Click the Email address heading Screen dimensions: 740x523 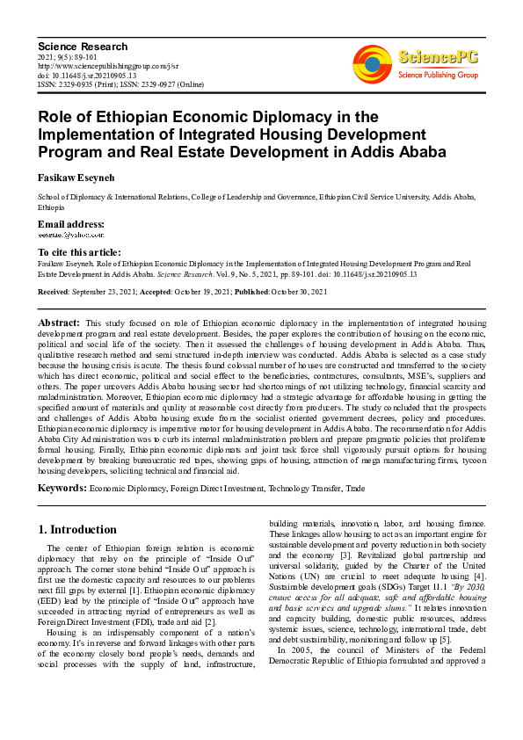(70, 225)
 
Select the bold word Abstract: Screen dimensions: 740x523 (59, 324)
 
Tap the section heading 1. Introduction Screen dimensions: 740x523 (78, 530)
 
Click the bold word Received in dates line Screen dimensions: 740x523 (54, 292)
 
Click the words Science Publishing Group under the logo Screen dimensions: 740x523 (437, 76)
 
